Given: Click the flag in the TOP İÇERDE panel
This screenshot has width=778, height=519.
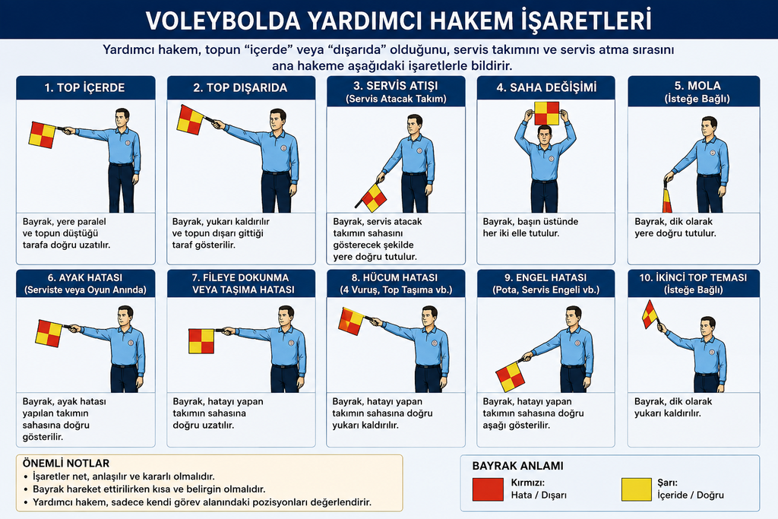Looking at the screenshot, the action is (43, 135).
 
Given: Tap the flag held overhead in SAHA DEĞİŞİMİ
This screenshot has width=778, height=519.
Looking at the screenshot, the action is (547, 114).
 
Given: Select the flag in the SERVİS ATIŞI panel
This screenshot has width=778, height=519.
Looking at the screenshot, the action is (374, 198).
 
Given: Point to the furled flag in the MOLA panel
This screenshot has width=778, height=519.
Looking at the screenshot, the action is (667, 199).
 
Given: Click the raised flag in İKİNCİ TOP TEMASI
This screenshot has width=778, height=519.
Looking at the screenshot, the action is (650, 315).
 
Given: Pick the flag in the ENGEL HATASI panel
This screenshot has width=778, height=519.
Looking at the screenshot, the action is (510, 377).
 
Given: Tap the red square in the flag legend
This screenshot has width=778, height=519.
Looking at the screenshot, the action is (488, 489).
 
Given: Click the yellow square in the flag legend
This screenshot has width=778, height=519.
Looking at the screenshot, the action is (636, 489).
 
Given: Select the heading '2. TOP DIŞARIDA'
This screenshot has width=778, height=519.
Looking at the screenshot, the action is (240, 88).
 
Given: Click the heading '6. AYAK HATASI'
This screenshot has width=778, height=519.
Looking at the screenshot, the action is (85, 278).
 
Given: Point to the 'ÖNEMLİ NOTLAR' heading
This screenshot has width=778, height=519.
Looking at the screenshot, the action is (66, 464).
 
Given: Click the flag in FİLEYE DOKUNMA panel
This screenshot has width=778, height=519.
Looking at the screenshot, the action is (201, 341).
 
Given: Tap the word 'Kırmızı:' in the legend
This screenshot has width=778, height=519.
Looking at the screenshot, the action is (528, 483).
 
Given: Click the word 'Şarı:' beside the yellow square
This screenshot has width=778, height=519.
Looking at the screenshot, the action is (667, 483).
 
